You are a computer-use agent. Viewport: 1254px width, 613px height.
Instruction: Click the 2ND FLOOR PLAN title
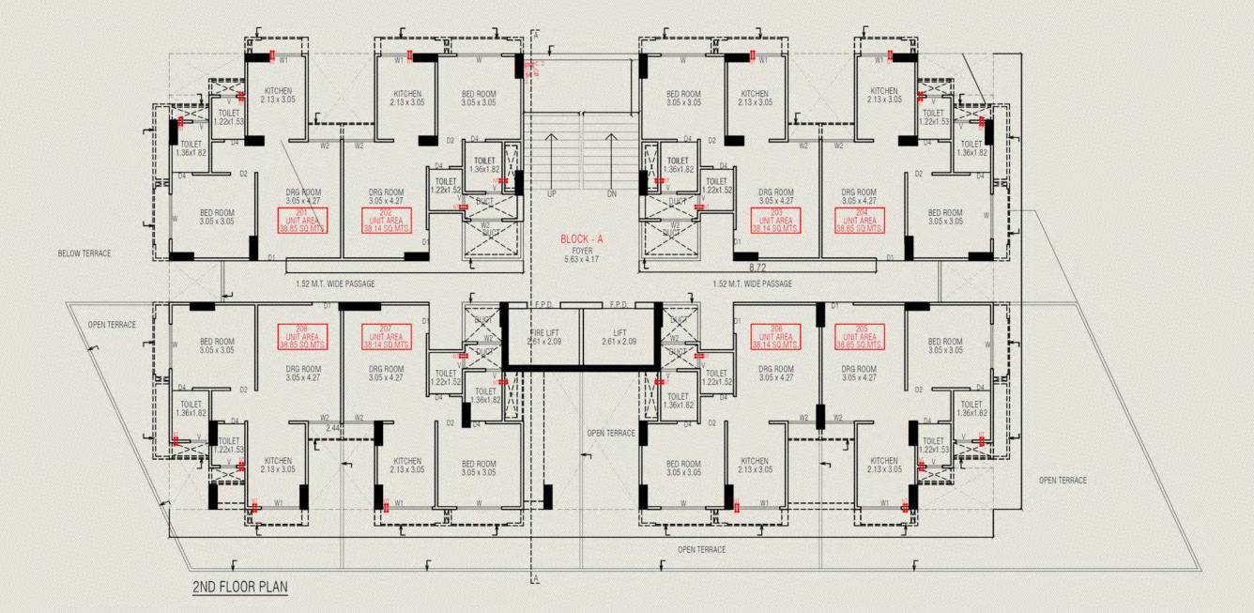tap(240, 587)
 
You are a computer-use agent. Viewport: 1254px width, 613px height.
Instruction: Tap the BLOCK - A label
tap(582, 239)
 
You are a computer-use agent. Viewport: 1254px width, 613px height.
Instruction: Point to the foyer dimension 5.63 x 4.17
tap(582, 261)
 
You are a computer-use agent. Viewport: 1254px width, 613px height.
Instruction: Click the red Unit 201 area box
tap(302, 221)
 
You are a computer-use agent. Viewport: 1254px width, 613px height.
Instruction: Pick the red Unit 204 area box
tap(859, 221)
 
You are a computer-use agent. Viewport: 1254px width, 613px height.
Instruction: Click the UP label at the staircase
tap(552, 193)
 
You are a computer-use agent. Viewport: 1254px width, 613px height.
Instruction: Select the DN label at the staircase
tap(611, 193)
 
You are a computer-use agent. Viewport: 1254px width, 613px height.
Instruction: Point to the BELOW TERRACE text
tap(84, 253)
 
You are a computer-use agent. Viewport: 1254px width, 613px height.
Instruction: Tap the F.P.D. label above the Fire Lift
tap(543, 305)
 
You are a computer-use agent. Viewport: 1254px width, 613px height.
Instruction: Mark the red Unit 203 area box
tap(776, 221)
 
